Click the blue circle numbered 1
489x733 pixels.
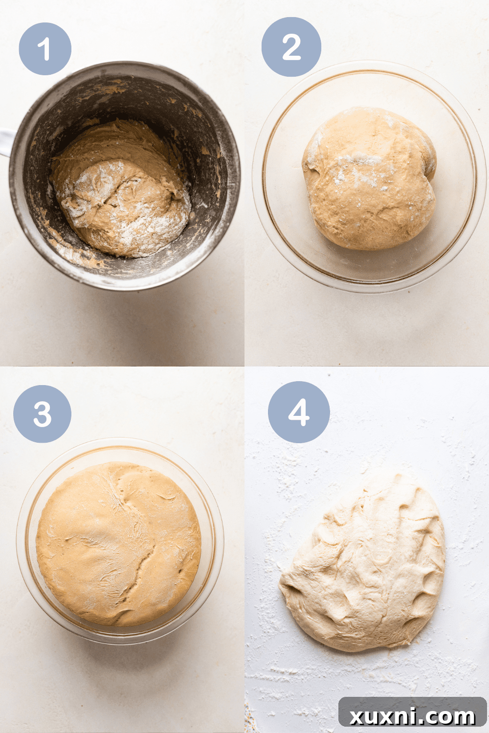pyautogui.click(x=45, y=49)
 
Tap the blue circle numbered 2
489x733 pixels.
pyautogui.click(x=291, y=47)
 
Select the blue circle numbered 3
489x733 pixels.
pyautogui.click(x=42, y=414)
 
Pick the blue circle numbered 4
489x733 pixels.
pyautogui.click(x=299, y=412)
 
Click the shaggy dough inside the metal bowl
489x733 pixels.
pyautogui.click(x=122, y=200)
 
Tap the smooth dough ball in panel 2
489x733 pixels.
pyautogui.click(x=369, y=181)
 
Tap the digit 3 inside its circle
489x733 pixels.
pyautogui.click(x=42, y=414)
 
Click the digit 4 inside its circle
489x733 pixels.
pyautogui.click(x=299, y=412)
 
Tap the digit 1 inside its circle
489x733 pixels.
pyautogui.click(x=45, y=49)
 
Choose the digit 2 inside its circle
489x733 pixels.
pyautogui.click(x=291, y=47)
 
